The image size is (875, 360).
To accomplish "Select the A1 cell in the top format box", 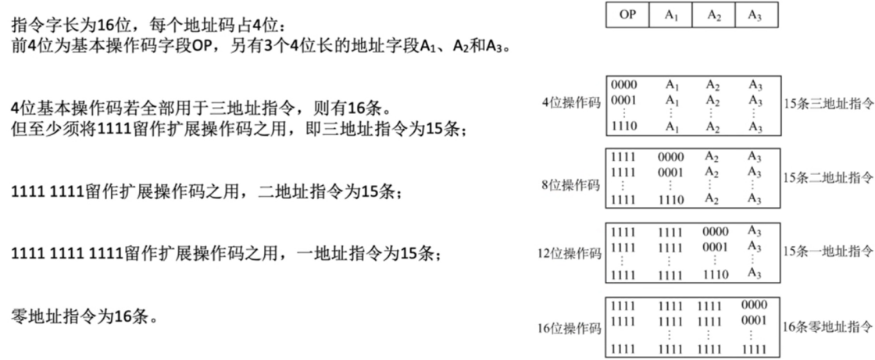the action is tap(672, 15).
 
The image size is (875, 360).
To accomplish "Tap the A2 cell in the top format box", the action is tap(715, 15).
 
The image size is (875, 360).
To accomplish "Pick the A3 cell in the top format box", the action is tap(755, 15).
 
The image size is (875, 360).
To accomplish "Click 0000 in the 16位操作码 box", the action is tap(755, 305).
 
